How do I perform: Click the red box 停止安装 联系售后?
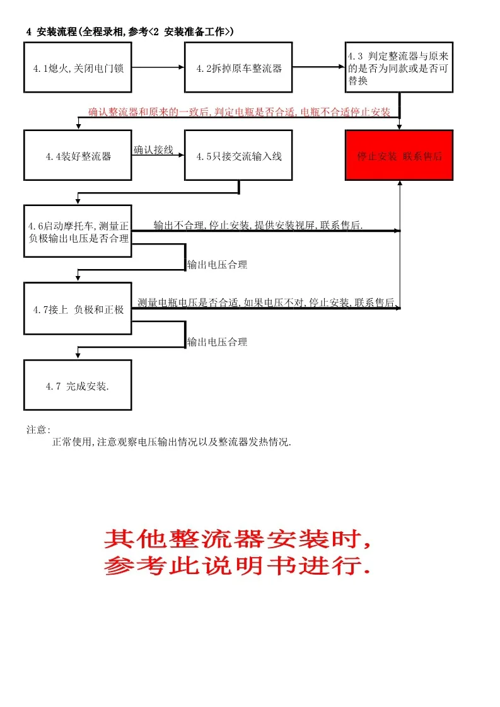[399, 156]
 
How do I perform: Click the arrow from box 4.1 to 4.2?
[158, 67]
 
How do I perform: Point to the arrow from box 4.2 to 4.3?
[318, 67]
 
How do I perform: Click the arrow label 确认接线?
[153, 150]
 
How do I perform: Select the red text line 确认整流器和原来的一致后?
[239, 112]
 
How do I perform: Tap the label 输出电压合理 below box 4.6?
[217, 265]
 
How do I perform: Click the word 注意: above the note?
[38, 430]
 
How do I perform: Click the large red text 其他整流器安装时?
[237, 539]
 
